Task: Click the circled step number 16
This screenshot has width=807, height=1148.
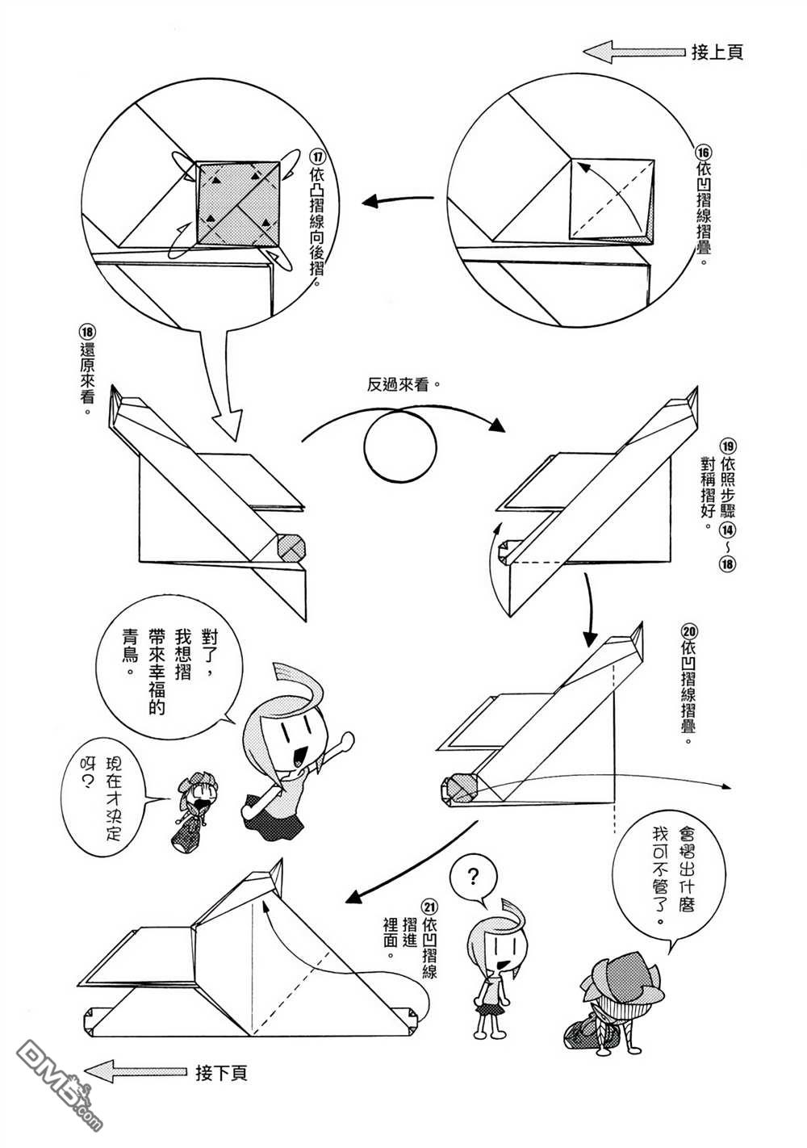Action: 704,151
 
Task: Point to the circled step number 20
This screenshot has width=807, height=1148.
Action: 688,630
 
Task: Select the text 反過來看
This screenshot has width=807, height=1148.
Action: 403,385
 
